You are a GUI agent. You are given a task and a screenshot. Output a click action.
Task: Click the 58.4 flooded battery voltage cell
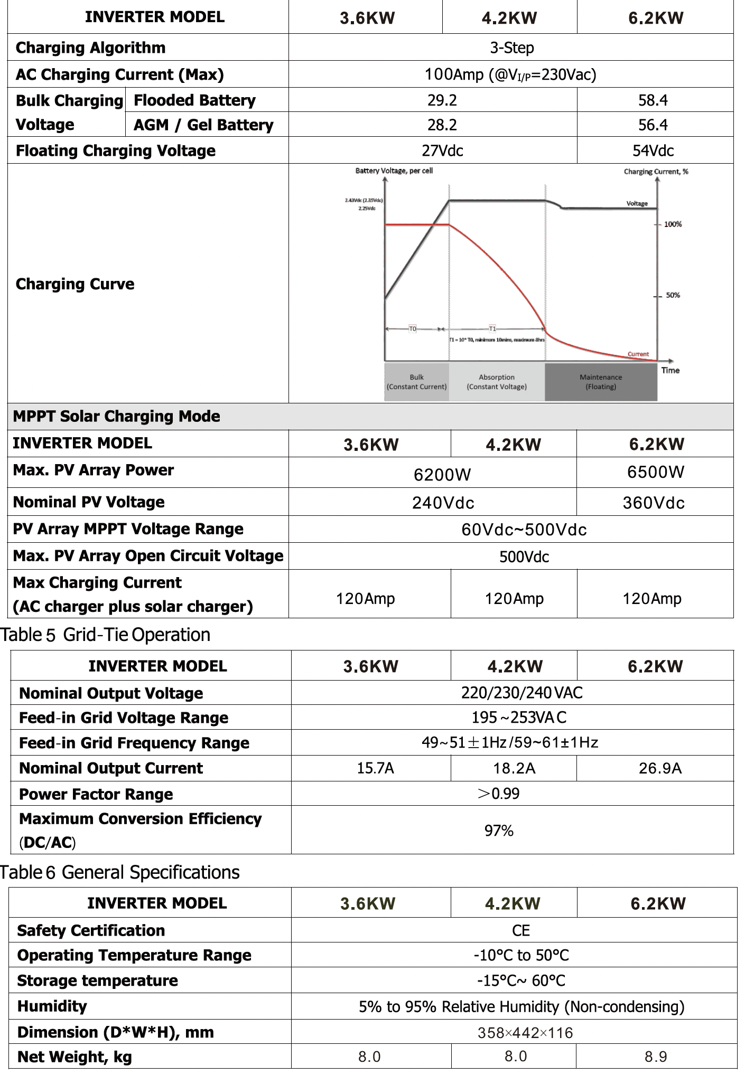653,100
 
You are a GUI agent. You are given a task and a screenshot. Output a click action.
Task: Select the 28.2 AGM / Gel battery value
442,125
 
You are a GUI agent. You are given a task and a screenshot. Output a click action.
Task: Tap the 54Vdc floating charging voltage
653,151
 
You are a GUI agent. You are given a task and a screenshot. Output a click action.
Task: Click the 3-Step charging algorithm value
511,48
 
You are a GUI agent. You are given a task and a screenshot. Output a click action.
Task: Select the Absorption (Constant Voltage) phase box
496,382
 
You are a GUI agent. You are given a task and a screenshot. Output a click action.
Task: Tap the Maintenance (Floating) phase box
601,382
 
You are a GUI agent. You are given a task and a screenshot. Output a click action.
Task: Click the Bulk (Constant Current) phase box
416,382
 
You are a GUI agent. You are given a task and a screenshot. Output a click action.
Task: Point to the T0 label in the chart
413,329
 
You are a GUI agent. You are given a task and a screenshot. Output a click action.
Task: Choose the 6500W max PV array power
656,472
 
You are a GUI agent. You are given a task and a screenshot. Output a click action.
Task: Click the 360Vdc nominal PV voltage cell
654,503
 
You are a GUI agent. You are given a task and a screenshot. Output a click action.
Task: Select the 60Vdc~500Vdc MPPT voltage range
524,530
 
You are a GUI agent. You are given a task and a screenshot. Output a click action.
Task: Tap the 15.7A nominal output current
375,768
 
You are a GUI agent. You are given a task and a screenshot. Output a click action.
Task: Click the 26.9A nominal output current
660,768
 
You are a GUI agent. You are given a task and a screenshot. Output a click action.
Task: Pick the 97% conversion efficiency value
499,831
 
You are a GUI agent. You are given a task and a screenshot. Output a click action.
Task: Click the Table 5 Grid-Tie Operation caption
106,635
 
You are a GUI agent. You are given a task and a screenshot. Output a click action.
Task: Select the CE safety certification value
520,930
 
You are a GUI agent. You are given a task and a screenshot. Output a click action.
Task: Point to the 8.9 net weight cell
656,1057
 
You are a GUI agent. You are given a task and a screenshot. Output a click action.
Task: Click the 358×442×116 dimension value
525,1032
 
